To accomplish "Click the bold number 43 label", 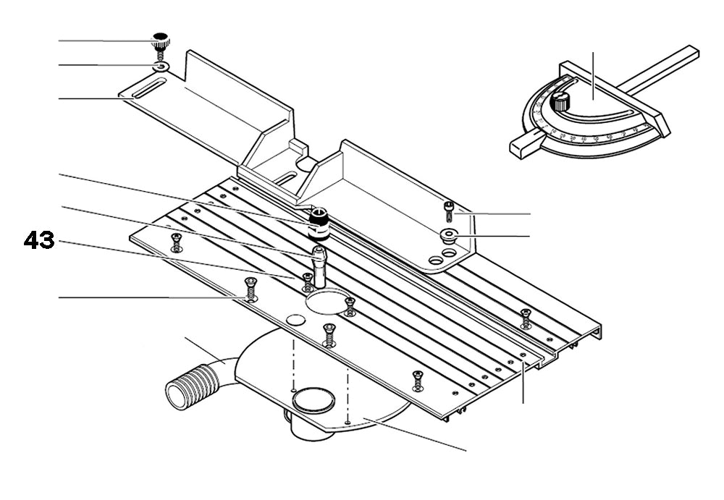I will (x=39, y=240).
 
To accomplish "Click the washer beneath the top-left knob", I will (x=161, y=67).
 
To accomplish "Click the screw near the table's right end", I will (x=526, y=317).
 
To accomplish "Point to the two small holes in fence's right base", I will (x=442, y=256).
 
